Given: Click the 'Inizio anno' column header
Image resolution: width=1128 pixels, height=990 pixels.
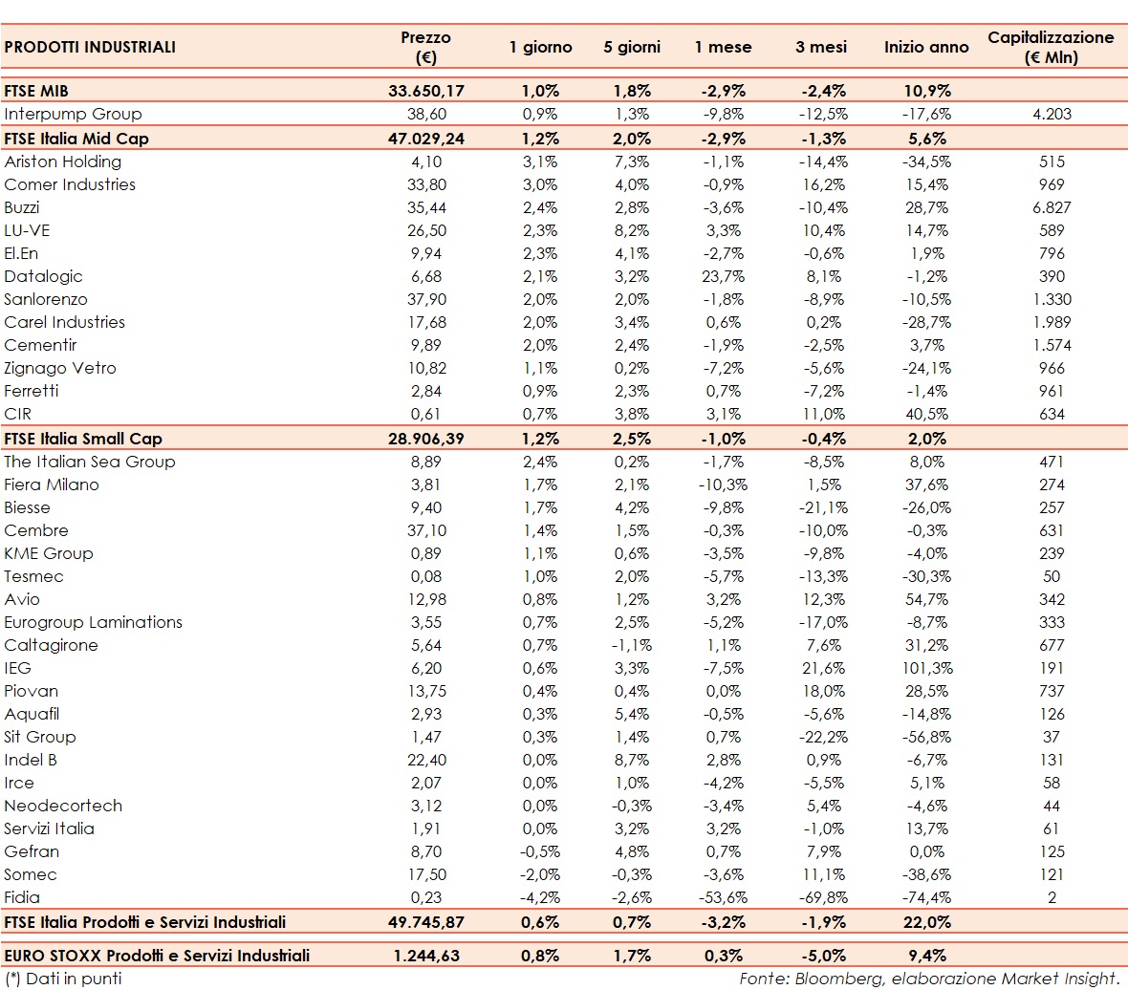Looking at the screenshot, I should [926, 47].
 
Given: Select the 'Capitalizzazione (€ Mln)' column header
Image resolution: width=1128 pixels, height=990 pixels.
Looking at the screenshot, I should [1051, 47].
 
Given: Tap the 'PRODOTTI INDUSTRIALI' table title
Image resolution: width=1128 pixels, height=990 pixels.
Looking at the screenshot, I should [90, 47].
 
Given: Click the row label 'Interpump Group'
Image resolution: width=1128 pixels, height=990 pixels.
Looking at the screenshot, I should [73, 114].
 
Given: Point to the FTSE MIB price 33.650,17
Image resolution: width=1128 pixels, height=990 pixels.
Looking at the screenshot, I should [425, 91].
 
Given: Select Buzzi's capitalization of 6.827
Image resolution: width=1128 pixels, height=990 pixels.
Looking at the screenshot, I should [1051, 207].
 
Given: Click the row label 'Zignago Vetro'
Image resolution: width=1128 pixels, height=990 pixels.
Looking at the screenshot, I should [60, 368].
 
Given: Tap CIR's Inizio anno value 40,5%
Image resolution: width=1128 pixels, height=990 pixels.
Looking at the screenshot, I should [925, 414].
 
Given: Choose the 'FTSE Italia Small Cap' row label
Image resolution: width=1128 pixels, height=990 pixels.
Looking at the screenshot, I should [83, 439].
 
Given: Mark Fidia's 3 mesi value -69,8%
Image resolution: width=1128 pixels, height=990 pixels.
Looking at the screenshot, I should [820, 897].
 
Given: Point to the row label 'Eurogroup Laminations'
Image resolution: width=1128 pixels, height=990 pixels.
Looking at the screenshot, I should [93, 622].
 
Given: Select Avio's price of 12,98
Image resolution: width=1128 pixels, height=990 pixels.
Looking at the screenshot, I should [425, 599].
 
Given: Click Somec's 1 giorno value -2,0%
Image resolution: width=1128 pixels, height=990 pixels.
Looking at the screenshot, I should [539, 874].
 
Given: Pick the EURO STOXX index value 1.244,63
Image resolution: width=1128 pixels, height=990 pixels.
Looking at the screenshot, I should [425, 955].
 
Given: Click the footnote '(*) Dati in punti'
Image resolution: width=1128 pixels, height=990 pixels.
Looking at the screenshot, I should [63, 979].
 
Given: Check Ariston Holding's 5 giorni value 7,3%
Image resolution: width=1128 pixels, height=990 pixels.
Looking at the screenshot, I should [631, 161].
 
